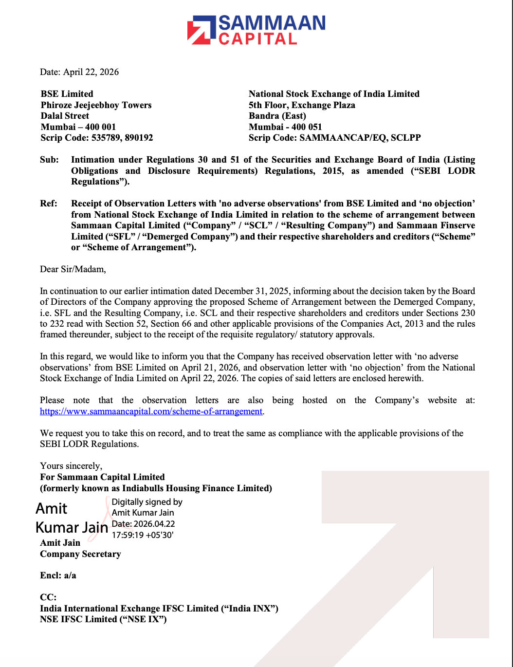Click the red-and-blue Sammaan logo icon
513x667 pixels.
(x=202, y=30)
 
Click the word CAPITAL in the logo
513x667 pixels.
(x=257, y=39)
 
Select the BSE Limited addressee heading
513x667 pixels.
(x=67, y=94)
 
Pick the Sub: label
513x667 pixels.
(x=49, y=160)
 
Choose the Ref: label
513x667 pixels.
(x=49, y=204)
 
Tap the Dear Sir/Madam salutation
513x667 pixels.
(x=73, y=269)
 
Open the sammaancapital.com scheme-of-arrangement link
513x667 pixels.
(x=151, y=411)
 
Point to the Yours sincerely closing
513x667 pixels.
(x=71, y=466)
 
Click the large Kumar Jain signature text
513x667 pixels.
(x=72, y=527)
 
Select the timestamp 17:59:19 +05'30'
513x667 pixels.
(x=143, y=535)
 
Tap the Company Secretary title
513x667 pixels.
(x=80, y=554)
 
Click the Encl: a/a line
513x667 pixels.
(x=58, y=575)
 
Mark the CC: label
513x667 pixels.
(x=48, y=597)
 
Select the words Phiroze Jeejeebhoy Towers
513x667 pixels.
(x=96, y=105)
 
